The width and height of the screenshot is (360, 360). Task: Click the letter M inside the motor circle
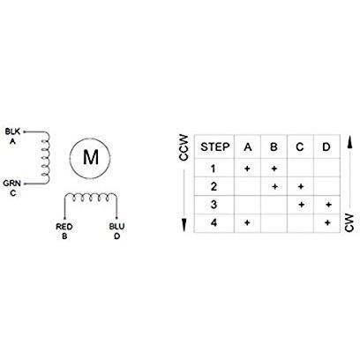tap(91, 157)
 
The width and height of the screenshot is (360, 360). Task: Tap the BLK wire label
tap(12, 131)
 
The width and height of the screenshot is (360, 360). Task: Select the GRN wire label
tap(12, 184)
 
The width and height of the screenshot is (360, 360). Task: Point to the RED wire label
tap(64, 227)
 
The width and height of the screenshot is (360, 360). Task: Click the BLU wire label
tap(116, 227)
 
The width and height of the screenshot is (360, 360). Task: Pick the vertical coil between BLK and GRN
tap(45, 158)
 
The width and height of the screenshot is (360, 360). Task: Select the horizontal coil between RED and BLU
tap(91, 198)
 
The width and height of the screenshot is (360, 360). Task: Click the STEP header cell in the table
tap(215, 146)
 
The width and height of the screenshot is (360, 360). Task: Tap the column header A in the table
tap(248, 146)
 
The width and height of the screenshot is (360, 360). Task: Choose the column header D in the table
tap(326, 146)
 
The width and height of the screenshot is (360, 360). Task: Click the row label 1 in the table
tap(214, 169)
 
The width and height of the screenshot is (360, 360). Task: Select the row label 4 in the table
tap(214, 222)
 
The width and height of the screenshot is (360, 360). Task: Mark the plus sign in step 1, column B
tap(274, 169)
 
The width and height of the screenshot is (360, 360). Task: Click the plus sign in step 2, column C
tap(300, 186)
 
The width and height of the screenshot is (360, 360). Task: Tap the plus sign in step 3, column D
tap(328, 205)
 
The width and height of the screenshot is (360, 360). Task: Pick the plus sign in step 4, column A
tap(247, 222)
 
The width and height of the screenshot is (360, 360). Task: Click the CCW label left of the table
tap(184, 147)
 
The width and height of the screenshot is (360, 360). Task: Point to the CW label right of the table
tap(349, 222)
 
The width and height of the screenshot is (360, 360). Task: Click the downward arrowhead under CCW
tap(184, 225)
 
